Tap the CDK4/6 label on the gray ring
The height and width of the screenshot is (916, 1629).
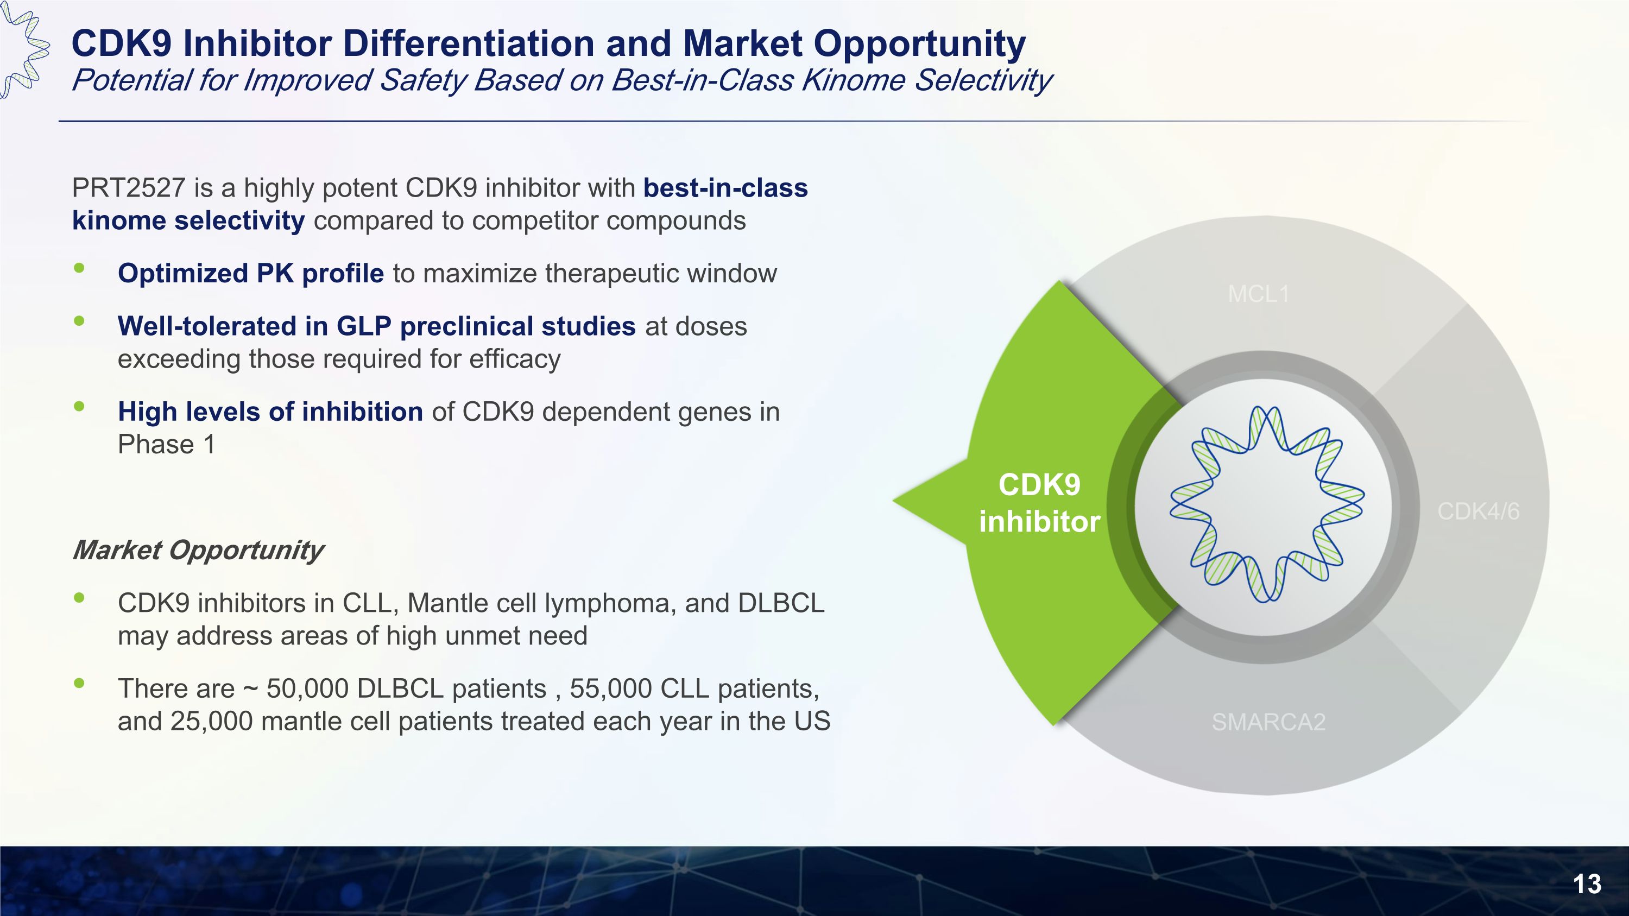(1478, 511)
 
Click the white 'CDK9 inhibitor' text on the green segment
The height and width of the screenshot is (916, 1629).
(1040, 503)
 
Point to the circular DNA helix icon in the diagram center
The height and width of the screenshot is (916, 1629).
(1267, 504)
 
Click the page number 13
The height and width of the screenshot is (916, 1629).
(1587, 884)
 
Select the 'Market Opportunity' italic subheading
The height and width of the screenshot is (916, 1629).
(198, 550)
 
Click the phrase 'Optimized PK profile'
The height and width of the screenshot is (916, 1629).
(251, 274)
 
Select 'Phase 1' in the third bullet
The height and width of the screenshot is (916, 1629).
(166, 444)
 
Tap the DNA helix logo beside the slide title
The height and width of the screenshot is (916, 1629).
(24, 49)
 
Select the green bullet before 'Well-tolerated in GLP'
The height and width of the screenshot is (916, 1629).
(79, 320)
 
